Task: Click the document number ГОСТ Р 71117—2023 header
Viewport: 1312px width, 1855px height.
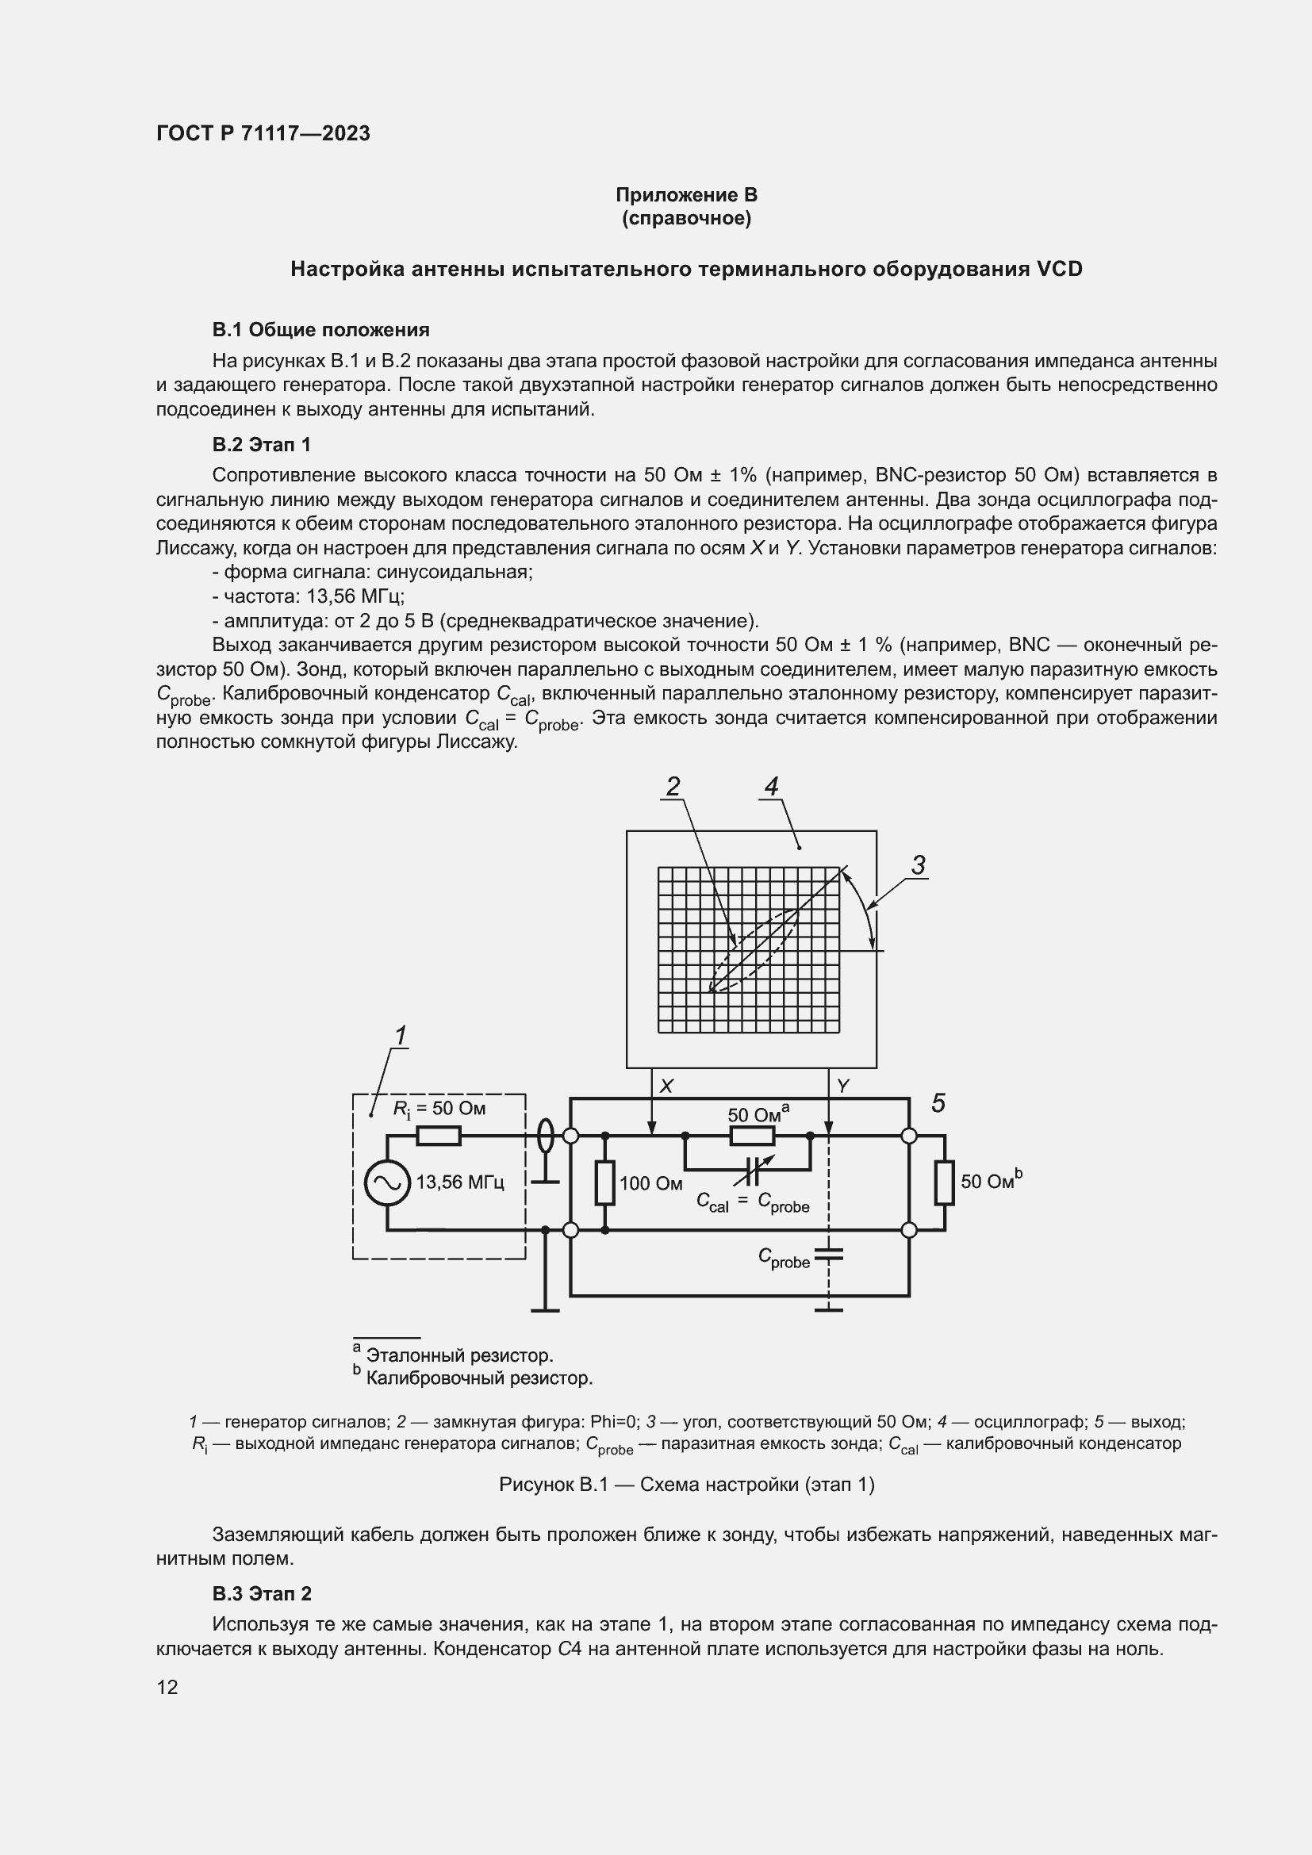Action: pos(263,133)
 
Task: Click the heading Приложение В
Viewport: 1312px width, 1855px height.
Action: pos(686,195)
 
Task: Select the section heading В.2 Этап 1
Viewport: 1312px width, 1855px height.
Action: pos(261,444)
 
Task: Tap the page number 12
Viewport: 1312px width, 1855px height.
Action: pos(167,1687)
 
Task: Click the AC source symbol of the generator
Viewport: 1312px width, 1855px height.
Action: pos(386,1182)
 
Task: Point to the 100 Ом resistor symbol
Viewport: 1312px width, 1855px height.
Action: pos(605,1182)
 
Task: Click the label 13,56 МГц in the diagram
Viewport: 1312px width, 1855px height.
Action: pos(460,1182)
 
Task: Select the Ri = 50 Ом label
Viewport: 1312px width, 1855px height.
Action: pos(439,1109)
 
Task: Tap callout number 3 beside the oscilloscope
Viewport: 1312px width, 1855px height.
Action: pos(918,865)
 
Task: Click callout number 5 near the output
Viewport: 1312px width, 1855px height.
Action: pos(938,1103)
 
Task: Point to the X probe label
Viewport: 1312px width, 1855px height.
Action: pos(666,1087)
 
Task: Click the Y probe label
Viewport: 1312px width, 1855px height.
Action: pos(843,1087)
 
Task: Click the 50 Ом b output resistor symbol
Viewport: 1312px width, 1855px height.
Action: pos(945,1182)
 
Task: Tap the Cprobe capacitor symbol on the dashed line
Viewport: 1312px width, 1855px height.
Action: pos(829,1255)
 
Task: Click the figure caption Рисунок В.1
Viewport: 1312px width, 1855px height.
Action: pos(686,1484)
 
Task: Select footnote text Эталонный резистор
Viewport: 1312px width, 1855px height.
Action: pos(458,1355)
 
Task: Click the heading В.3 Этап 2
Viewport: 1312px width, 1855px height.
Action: pos(262,1593)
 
